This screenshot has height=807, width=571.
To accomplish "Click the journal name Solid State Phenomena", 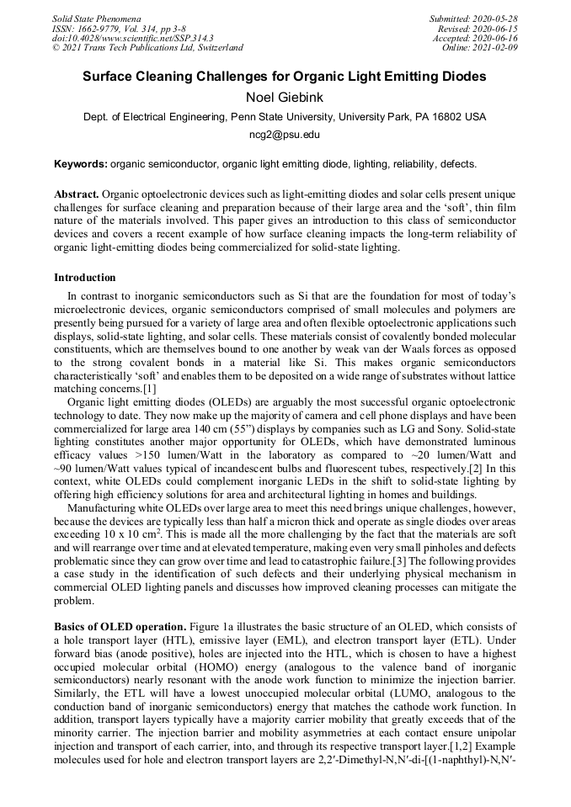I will click(x=96, y=18).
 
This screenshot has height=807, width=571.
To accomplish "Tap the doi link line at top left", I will click(x=132, y=38).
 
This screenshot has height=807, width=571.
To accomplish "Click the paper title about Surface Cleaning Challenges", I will click(x=285, y=77).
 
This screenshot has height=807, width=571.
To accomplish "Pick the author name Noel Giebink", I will click(x=285, y=97).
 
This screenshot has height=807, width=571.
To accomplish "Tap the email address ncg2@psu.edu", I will click(x=285, y=134).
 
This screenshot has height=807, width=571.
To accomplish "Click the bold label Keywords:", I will click(x=81, y=164).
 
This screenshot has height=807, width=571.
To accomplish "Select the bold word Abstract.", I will click(x=77, y=194).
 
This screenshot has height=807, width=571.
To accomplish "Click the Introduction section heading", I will click(x=85, y=278).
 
